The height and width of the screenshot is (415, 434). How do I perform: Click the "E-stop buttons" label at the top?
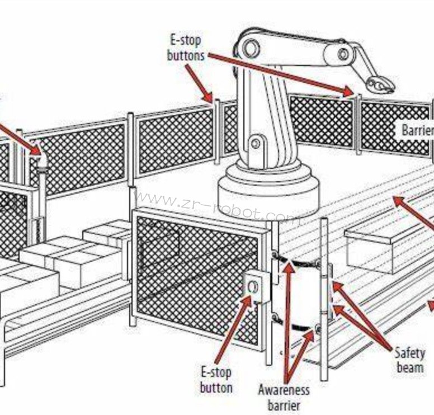[186, 48]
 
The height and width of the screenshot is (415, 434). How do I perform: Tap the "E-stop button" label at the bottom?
[216, 379]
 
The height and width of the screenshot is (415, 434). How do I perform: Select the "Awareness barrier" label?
[284, 397]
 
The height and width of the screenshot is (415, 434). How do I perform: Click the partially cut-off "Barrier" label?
[417, 131]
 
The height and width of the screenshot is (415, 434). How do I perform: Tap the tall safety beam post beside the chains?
[324, 296]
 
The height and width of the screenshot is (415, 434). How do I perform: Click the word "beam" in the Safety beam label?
[409, 367]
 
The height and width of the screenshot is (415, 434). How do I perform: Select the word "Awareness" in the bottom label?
[284, 389]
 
